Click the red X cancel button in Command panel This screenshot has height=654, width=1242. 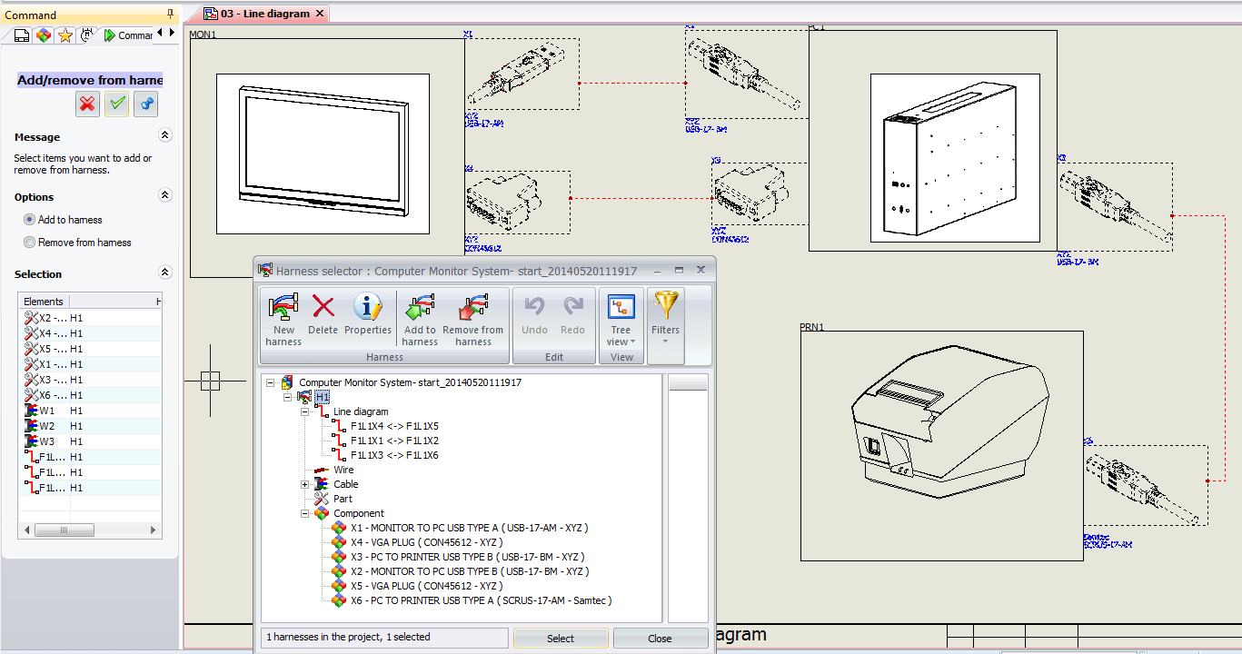[x=87, y=104]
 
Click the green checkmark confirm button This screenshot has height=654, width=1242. [x=116, y=104]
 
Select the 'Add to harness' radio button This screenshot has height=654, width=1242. [x=30, y=220]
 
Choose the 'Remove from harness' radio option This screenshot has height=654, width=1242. [x=30, y=243]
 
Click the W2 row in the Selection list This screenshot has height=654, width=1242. [x=47, y=426]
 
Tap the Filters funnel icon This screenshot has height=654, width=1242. [x=666, y=314]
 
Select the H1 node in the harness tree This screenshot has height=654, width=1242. [x=323, y=397]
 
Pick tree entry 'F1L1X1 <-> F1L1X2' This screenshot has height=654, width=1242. [x=394, y=441]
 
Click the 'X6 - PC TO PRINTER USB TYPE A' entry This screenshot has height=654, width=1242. [x=481, y=600]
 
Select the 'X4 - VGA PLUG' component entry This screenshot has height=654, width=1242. [x=426, y=542]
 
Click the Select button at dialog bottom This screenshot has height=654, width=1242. [x=561, y=639]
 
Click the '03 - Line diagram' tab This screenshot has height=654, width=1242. [x=263, y=14]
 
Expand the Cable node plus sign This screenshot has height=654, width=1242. [x=306, y=484]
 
